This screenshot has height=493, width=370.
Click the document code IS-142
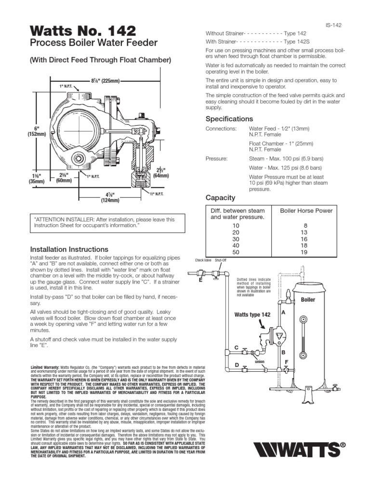point(333,26)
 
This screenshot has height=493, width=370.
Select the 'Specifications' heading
point(229,118)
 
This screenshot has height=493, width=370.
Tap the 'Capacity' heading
point(220,197)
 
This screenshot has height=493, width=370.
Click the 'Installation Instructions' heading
point(69,249)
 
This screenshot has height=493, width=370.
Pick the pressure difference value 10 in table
point(236,225)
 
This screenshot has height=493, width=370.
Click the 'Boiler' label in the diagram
point(308,299)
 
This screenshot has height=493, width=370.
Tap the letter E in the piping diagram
point(200,280)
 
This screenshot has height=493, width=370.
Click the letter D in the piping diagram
point(237,366)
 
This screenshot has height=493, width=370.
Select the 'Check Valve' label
point(203,259)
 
